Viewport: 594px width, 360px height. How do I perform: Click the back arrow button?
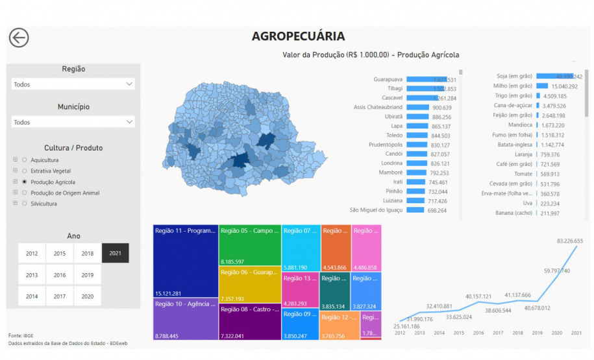coord(19,38)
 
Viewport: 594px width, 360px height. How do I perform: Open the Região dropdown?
coord(73,84)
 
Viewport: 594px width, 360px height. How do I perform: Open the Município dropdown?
coord(73,122)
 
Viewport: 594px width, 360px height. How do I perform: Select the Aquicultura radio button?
coord(25,160)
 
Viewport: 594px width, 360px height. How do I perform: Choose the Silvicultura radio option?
coord(25,204)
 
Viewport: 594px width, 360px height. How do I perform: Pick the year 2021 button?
coord(115,253)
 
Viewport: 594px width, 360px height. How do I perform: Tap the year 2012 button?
coord(32,253)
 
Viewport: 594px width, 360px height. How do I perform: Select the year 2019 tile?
coord(88,275)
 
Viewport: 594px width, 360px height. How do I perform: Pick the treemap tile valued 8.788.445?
coord(185,318)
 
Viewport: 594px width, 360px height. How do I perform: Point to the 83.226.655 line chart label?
coord(569,241)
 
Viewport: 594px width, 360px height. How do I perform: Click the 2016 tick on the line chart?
coord(478,333)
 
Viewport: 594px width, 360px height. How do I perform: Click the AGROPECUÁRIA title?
coord(298,36)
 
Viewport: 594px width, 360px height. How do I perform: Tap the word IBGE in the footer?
coord(28,335)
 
